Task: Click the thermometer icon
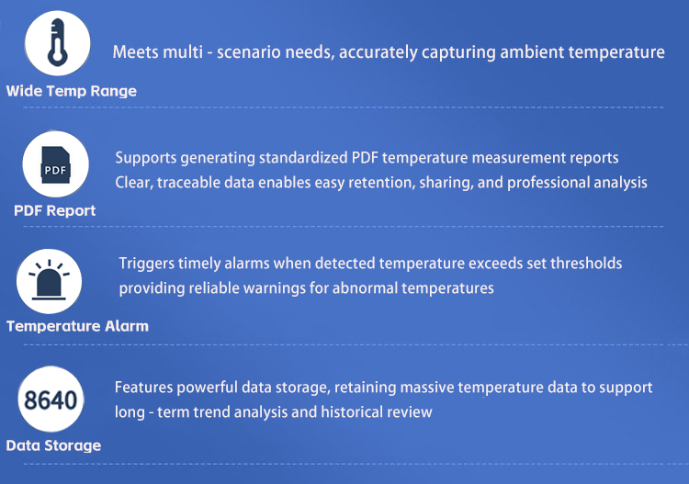point(58,42)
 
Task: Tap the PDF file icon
point(55,164)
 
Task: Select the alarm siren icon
point(49,280)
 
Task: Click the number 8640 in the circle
point(51,400)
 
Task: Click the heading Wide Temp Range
point(71,91)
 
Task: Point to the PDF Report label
point(54,210)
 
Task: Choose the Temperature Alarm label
point(77,326)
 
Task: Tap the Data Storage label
point(53,445)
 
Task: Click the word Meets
point(134,51)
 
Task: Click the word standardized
point(303,158)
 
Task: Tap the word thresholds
point(586,263)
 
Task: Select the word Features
point(143,388)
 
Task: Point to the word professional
point(548,182)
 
